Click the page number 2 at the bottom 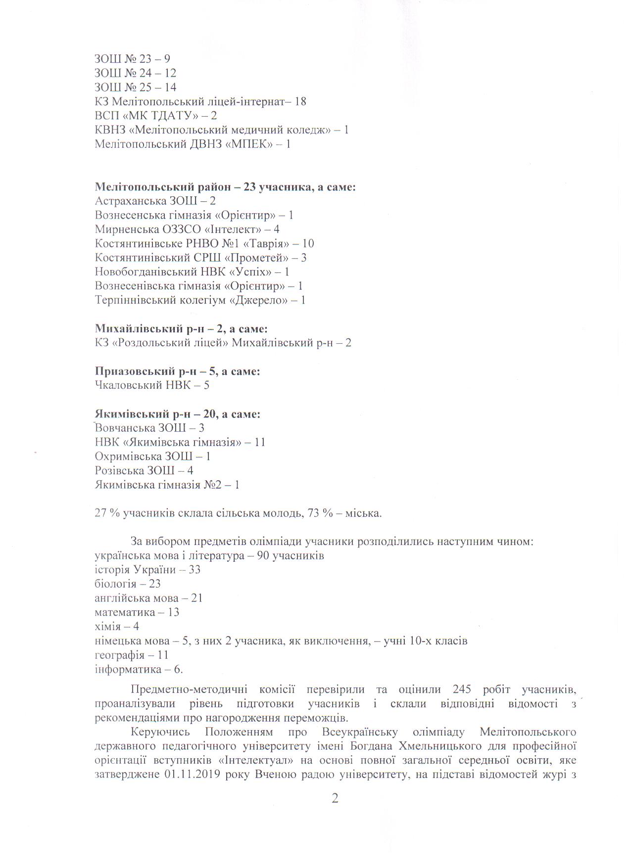point(335,799)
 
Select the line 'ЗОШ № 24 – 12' point(135,73)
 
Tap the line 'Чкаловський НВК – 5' point(151,385)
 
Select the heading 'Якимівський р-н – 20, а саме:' point(177,413)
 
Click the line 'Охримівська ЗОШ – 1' point(152,456)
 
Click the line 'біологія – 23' point(127,584)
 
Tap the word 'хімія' point(107,627)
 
